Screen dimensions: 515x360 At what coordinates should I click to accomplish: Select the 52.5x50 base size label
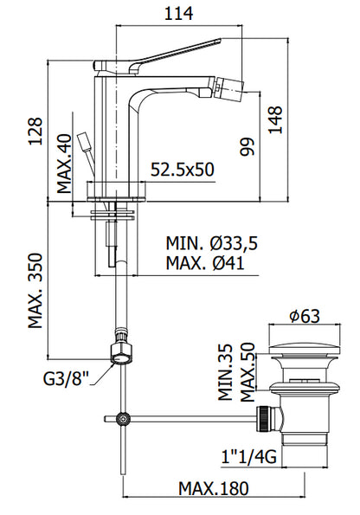pos(182,170)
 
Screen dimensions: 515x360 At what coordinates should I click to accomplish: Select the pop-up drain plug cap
pos(302,352)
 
